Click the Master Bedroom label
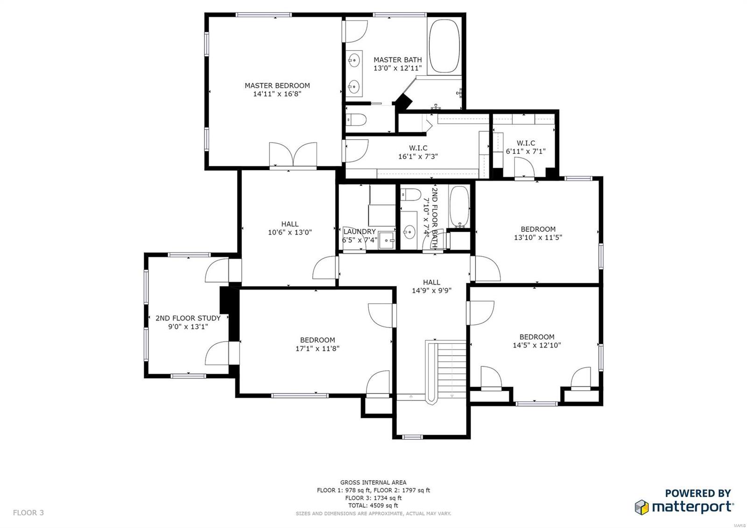(x=277, y=86)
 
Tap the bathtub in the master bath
(x=444, y=46)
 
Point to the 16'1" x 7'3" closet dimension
(x=418, y=157)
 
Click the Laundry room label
(x=359, y=232)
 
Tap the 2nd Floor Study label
(x=188, y=318)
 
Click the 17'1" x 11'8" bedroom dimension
(x=317, y=349)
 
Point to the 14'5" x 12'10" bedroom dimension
(x=536, y=346)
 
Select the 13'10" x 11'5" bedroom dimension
(x=538, y=237)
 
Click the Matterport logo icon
(x=641, y=507)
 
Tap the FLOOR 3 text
(x=28, y=513)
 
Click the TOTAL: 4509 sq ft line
(x=373, y=506)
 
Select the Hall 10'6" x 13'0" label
(x=289, y=228)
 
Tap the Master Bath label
(x=397, y=60)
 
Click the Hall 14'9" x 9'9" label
(x=431, y=286)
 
